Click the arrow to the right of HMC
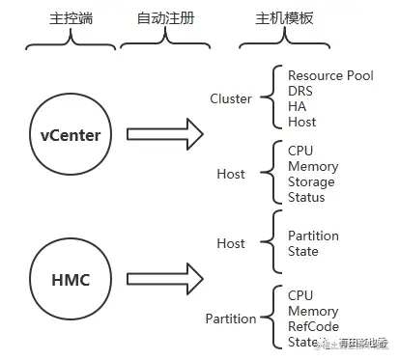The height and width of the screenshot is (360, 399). (x=164, y=280)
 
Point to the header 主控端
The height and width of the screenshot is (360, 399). (x=63, y=20)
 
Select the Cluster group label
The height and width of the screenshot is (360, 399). (x=231, y=98)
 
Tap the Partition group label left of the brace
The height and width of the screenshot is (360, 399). (x=231, y=318)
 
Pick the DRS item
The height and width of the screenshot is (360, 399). (x=300, y=91)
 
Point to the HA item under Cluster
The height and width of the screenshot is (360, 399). (x=297, y=106)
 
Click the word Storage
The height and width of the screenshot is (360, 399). (x=311, y=182)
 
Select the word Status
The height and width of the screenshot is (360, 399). (x=306, y=198)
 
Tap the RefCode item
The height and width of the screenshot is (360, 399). (x=313, y=326)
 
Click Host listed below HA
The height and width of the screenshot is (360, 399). (x=302, y=122)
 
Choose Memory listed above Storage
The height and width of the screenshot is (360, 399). (x=313, y=167)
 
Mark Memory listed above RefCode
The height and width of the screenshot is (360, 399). (x=313, y=311)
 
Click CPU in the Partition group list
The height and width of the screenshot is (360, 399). (x=300, y=295)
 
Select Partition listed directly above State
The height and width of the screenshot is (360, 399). (x=313, y=235)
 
